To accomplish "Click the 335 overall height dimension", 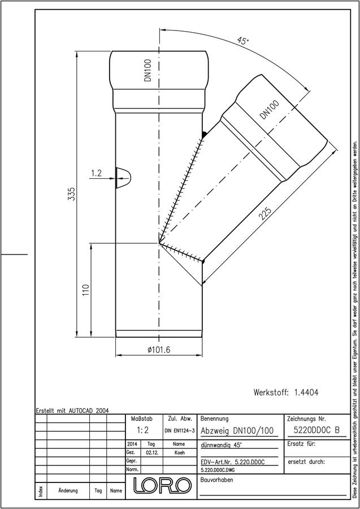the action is pyautogui.click(x=71, y=194).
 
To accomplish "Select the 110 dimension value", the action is pyautogui.click(x=86, y=291).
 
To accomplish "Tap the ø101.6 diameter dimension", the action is pyautogui.click(x=159, y=350).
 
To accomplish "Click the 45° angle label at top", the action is pyautogui.click(x=242, y=41).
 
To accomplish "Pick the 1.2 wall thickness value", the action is pyautogui.click(x=96, y=173).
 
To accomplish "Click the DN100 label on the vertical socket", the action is pyautogui.click(x=148, y=70).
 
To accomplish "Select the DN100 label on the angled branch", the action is pyautogui.click(x=269, y=110).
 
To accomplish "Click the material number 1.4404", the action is pyautogui.click(x=306, y=392).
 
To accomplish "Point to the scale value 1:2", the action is pyautogui.click(x=143, y=430).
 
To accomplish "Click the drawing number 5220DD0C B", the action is pyautogui.click(x=316, y=430).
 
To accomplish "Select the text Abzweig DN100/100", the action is pyautogui.click(x=237, y=431).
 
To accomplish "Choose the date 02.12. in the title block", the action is pyautogui.click(x=151, y=453).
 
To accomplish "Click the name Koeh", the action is pyautogui.click(x=179, y=453).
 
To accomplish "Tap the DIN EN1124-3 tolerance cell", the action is pyautogui.click(x=179, y=430).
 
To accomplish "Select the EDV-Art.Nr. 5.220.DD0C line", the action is pyautogui.click(x=232, y=462).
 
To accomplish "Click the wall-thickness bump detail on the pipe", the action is pyautogui.click(x=124, y=178).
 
